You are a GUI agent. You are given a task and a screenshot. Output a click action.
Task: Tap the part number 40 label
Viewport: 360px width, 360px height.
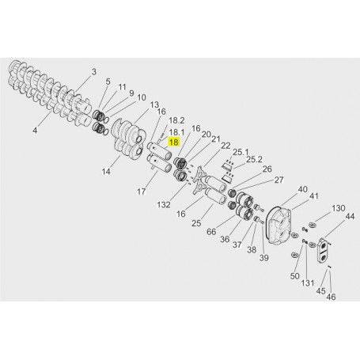coord(302,189)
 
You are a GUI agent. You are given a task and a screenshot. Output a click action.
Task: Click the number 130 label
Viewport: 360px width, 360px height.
coord(339,209)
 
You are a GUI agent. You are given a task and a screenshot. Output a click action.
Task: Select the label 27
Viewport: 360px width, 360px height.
coord(278,180)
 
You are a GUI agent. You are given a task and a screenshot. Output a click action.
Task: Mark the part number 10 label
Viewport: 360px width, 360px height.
coord(142,98)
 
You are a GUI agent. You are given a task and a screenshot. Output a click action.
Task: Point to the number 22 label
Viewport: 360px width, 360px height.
coord(225,146)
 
